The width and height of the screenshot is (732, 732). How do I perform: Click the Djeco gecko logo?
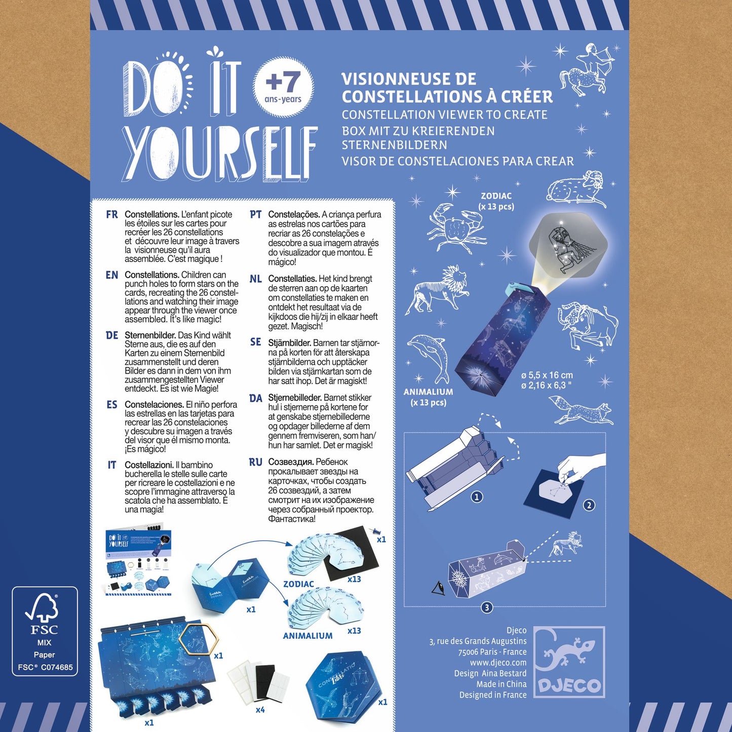click(569, 662)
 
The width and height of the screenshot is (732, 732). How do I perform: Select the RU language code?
click(255, 462)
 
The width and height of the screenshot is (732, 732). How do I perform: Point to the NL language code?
click(255, 279)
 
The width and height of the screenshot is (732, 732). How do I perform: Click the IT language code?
click(112, 465)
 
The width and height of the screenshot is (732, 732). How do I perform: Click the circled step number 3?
click(487, 607)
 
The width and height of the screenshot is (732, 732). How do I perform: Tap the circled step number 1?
click(476, 497)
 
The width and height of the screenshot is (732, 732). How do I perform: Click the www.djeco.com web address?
click(498, 663)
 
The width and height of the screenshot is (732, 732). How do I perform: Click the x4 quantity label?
click(260, 710)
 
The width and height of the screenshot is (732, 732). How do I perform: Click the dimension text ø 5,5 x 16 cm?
click(547, 375)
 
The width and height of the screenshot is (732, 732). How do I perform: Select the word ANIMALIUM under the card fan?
click(307, 636)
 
